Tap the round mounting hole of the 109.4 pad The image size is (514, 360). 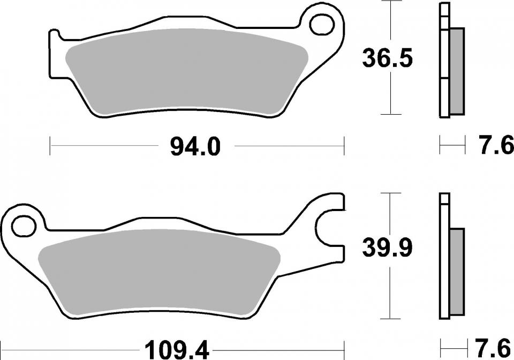pos(23,225)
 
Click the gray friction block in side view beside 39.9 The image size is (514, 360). pos(457,271)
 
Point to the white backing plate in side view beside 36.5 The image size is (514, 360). pos(443,59)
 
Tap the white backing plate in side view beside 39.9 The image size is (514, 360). pos(443,257)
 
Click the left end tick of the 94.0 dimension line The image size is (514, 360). pos(50,146)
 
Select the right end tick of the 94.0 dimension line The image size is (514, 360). pos(344,146)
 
